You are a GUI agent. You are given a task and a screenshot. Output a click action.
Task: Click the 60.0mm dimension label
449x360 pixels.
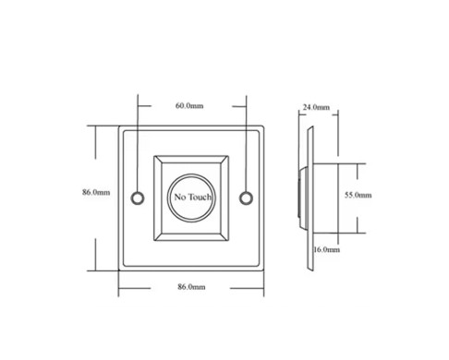189,106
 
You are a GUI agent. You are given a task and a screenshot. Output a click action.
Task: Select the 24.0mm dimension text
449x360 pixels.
316,107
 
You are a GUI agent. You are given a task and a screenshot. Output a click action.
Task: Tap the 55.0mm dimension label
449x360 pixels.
358,195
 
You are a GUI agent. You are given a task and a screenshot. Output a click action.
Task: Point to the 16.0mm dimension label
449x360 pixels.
326,249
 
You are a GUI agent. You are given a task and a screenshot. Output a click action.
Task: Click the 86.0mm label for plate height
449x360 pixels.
96,192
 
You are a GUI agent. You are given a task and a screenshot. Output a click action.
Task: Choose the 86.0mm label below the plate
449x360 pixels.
191,287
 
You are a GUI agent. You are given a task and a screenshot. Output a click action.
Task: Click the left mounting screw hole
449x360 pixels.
138,198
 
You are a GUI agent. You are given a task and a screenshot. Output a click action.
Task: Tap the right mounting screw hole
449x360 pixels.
247,198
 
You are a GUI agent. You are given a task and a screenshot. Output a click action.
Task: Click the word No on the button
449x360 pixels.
180,197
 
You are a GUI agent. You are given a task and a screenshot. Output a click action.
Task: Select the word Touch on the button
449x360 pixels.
200,197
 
